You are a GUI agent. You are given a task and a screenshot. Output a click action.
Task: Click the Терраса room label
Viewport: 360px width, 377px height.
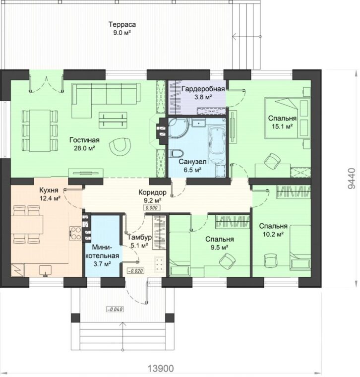122,24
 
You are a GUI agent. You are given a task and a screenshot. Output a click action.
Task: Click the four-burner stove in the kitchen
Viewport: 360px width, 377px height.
75,233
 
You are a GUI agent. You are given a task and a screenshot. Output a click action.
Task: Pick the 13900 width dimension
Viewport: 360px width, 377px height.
161,368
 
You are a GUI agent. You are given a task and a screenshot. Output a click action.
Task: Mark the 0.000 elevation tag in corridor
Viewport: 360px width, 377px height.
152,208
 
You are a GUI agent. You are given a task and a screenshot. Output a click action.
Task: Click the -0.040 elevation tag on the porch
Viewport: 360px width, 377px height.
115,309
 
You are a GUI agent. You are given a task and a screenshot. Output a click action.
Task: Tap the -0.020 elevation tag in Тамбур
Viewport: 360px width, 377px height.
135,271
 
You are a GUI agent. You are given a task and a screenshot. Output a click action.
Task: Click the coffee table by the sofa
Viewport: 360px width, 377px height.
113,120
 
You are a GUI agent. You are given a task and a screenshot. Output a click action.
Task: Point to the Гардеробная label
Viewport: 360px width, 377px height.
203,89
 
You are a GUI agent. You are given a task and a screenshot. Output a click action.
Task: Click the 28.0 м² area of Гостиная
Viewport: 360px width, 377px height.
84,148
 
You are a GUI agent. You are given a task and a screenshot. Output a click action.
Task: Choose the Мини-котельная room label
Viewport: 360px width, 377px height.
102,251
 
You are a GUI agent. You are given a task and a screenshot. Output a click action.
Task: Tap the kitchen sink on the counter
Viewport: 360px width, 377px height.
45,270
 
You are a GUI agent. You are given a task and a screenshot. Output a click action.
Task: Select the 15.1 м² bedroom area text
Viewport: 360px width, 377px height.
282,126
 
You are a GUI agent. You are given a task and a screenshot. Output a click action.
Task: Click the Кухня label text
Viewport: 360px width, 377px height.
49,190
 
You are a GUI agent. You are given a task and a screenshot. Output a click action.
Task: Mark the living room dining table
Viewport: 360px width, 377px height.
40,130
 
